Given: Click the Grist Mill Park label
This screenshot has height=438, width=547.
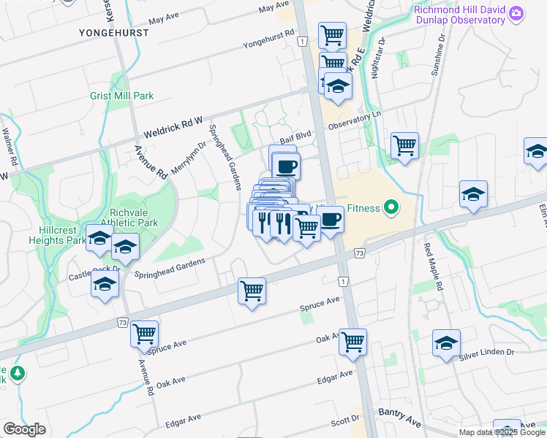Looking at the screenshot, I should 122,96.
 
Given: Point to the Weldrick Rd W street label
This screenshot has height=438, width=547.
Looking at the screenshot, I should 173,130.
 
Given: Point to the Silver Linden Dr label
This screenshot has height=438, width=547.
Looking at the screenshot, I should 486,355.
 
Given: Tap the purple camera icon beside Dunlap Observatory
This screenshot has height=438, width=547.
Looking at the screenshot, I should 517,13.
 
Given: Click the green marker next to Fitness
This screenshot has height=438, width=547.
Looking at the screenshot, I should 391,209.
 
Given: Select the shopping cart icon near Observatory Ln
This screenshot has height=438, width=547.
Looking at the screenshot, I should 404,145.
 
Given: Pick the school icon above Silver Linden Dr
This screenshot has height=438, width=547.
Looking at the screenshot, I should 446,342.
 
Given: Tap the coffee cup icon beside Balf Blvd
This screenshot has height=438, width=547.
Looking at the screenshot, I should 286,166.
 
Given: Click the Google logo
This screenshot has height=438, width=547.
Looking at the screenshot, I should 24,429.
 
